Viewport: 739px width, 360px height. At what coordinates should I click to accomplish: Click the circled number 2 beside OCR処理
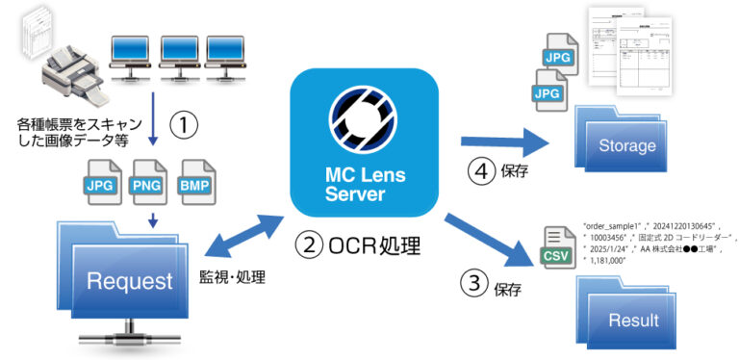coord(308,245)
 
